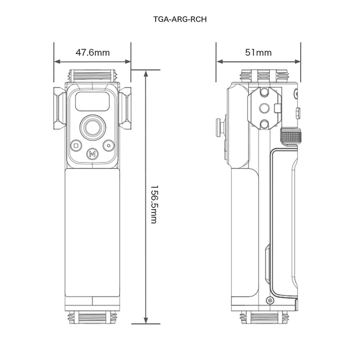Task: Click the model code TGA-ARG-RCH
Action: [180, 20]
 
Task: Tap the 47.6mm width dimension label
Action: [92, 52]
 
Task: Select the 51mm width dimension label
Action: [258, 52]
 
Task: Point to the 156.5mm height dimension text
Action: [153, 204]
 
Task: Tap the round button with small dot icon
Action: [108, 145]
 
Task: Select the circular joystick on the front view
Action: [92, 127]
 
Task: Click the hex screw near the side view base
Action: [270, 301]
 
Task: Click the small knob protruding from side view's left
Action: [219, 127]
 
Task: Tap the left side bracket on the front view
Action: [59, 108]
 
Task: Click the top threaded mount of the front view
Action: [92, 76]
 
